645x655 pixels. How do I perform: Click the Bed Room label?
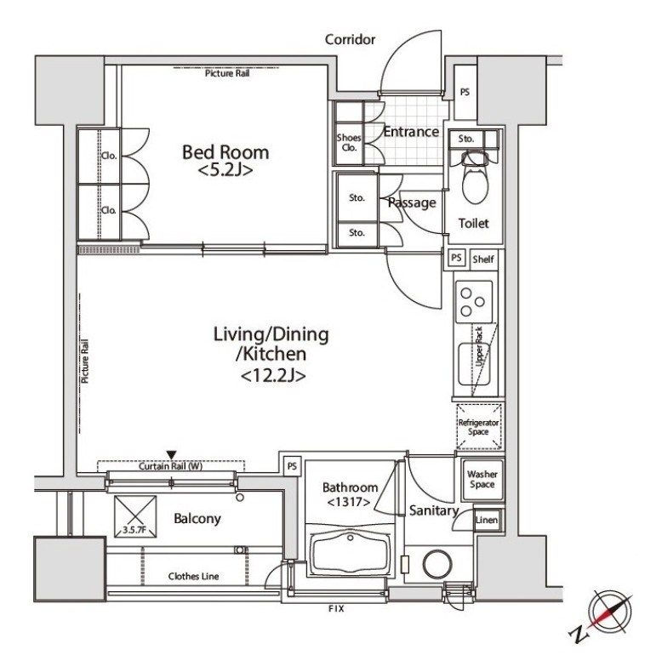(225, 152)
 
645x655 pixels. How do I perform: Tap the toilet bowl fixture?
(475, 179)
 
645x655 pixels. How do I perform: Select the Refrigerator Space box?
(479, 426)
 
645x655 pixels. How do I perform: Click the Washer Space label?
(482, 479)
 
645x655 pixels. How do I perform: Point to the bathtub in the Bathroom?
(350, 553)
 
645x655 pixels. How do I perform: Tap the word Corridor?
(350, 39)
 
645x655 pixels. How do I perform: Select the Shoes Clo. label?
(349, 142)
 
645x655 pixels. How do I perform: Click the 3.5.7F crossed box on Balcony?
(135, 516)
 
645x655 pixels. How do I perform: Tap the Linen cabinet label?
(487, 520)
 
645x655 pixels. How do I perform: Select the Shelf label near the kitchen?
(483, 259)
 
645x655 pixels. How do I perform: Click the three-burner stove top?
(474, 302)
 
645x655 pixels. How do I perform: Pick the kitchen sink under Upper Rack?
(473, 364)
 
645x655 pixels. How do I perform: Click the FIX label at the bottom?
(336, 608)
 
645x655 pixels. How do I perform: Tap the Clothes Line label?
(193, 577)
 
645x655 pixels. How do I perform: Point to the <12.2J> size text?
(273, 376)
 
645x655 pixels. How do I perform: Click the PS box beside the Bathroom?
(292, 465)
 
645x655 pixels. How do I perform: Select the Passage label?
(412, 202)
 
